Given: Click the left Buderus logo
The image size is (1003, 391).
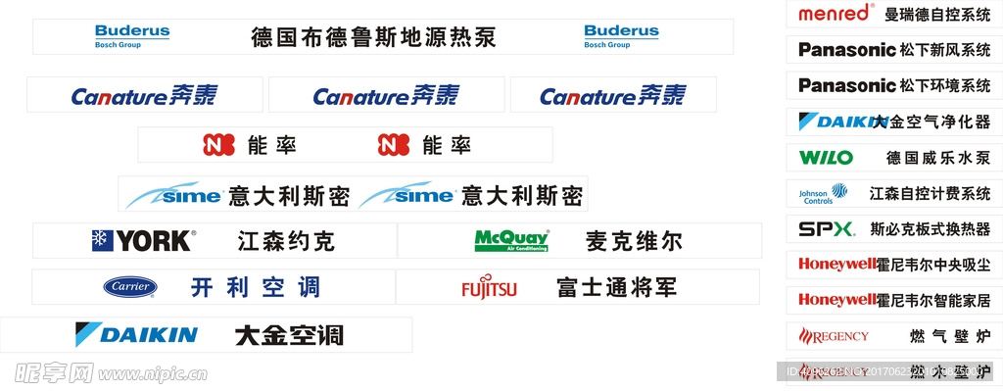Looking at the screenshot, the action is click(132, 36).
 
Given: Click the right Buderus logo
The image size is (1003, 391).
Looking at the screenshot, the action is click(621, 36).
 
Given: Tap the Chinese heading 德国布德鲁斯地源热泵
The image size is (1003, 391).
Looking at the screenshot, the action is click(373, 38).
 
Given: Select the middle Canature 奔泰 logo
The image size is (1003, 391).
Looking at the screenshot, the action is click(386, 96).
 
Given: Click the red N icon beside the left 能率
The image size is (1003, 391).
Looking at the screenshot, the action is click(218, 145).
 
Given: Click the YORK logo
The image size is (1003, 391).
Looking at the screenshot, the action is click(143, 240).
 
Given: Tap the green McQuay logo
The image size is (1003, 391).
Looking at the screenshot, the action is click(511, 241).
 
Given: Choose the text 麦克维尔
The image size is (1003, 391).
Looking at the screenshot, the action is click(634, 241).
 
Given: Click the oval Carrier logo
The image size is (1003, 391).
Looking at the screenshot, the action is click(130, 287).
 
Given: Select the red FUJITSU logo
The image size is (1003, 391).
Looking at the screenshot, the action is click(489, 288).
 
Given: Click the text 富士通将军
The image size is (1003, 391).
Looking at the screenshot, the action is click(616, 288).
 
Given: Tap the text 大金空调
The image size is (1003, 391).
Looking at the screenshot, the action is click(289, 335).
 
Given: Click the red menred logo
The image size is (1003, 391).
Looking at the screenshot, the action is click(834, 14).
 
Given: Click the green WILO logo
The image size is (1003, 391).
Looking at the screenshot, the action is click(826, 158).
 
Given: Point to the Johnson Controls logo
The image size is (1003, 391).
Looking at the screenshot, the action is click(823, 194).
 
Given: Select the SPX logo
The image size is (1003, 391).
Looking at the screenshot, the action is click(826, 230).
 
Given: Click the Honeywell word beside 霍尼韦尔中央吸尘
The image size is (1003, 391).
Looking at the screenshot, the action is click(836, 265).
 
